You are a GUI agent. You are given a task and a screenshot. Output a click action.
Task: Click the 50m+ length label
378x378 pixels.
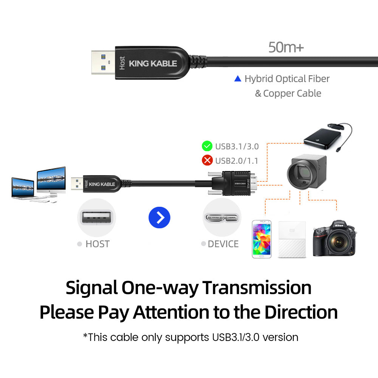coord(286,47)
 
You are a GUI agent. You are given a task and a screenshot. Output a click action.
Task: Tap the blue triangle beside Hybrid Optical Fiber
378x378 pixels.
coord(238,79)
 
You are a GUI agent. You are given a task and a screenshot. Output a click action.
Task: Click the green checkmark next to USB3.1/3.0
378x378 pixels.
coord(207,146)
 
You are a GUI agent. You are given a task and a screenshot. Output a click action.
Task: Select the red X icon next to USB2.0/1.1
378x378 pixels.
coord(207,160)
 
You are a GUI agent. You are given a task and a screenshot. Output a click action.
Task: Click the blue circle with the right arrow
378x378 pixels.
coord(160,217)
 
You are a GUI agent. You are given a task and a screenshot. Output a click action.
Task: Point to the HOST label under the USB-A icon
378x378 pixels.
coord(98,244)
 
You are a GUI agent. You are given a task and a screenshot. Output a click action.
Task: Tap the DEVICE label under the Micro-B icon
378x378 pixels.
coord(223,244)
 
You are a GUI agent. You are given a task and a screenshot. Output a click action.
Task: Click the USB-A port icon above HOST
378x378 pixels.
coord(96,218)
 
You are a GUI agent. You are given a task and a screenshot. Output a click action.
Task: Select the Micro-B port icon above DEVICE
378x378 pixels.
coord(222,218)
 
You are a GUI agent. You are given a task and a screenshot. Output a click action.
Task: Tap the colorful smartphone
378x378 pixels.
coord(262,239)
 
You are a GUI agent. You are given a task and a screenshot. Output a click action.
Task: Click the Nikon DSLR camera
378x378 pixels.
coord(335,238)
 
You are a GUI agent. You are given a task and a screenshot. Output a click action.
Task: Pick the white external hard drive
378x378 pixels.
coord(292,240)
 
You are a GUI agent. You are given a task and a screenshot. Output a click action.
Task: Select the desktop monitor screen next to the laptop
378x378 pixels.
coord(51,178)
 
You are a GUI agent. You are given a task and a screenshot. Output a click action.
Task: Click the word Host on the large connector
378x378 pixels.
coord(122,63)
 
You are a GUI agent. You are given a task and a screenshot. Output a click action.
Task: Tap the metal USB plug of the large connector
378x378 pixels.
coord(103,62)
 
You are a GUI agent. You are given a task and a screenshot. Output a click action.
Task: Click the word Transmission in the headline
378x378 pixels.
coord(257,288)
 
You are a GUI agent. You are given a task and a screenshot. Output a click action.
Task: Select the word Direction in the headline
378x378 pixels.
coord(301,312)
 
